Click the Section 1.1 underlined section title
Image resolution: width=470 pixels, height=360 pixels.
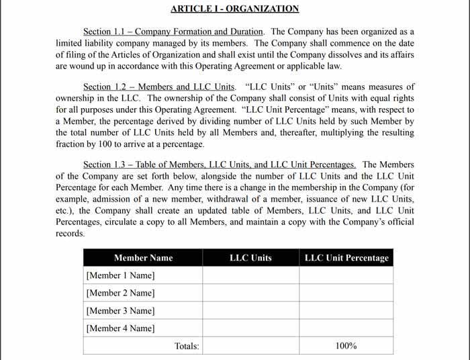tap(173, 32)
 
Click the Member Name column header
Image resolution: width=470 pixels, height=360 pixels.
tap(143, 258)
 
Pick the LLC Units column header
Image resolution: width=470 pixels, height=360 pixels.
tap(250, 258)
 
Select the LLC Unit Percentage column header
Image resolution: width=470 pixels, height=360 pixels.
tap(346, 258)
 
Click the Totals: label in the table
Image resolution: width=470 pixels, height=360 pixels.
tap(187, 346)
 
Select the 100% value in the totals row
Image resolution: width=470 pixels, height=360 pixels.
tap(346, 346)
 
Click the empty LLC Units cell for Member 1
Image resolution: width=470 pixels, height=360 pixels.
tap(250, 275)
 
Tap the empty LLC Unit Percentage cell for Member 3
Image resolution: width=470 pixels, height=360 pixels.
tap(346, 311)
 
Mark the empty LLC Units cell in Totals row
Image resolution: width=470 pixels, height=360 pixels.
tap(250, 346)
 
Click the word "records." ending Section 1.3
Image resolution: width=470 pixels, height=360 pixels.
tap(70, 234)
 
